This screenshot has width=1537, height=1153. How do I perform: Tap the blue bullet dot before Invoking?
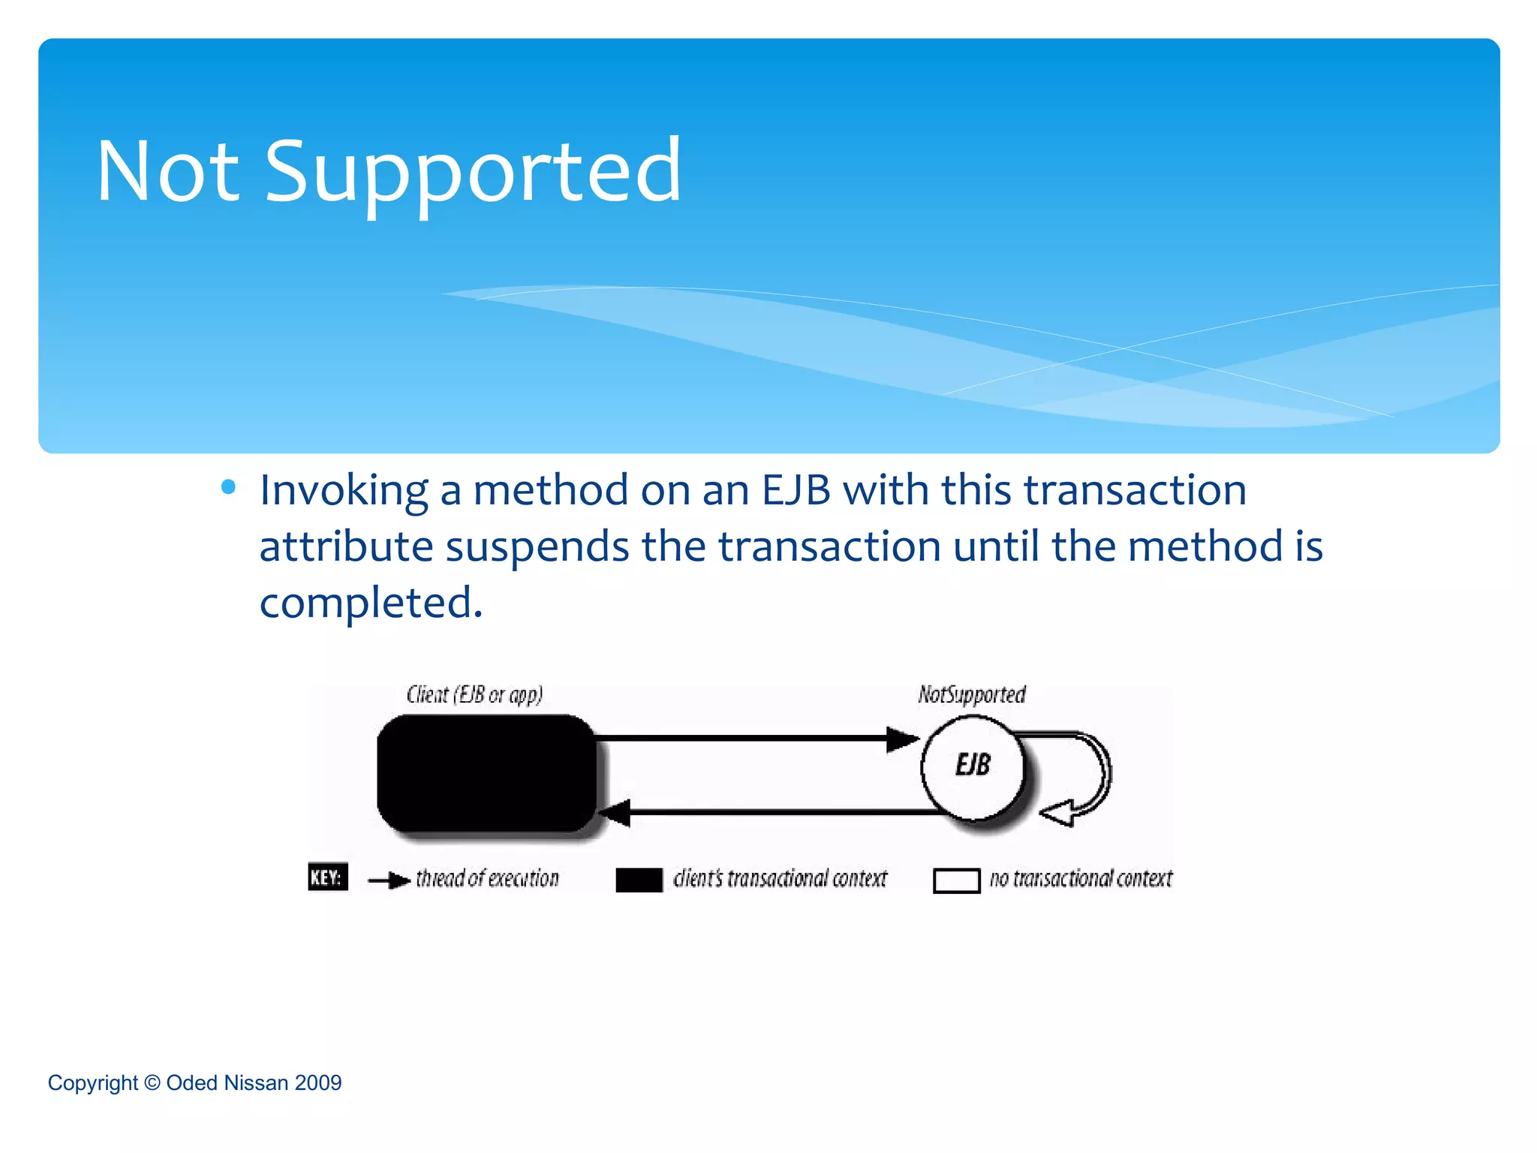pos(229,487)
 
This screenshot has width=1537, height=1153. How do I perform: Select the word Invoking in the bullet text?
pos(344,491)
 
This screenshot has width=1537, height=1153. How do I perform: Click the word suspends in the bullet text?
pos(537,546)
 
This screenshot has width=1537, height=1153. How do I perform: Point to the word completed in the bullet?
pos(371,602)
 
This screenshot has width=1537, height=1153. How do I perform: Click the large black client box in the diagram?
pos(486,773)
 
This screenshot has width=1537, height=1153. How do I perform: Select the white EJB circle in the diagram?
pos(973,767)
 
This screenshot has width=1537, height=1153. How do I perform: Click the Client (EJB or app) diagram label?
pos(474,694)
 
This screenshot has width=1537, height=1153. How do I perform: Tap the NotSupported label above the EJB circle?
pos(972,694)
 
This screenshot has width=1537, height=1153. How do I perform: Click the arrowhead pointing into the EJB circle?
pos(902,739)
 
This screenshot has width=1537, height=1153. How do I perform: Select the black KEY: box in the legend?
pos(328,877)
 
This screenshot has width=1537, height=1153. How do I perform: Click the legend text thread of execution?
pos(487,878)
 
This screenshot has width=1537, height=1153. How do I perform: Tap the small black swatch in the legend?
pos(639,880)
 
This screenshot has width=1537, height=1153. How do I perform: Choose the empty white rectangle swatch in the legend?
pos(956,881)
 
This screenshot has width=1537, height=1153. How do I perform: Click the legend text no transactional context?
pos(1081,878)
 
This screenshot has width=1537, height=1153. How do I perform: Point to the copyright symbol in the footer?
pos(152,1082)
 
